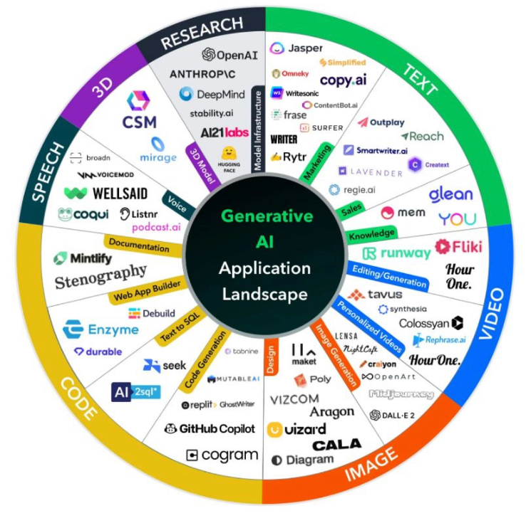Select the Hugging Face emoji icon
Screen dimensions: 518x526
click(x=229, y=154)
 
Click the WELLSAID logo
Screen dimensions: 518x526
click(x=97, y=193)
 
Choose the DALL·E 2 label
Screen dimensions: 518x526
click(x=393, y=415)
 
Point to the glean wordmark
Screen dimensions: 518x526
click(x=450, y=194)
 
